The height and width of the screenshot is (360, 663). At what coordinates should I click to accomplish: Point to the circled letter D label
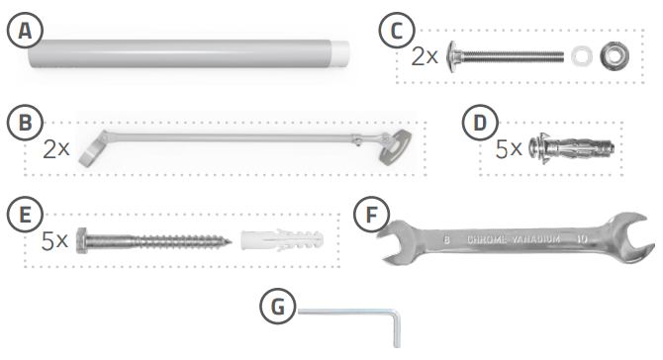[480, 124]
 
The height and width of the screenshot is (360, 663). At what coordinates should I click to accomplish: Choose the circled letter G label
[281, 307]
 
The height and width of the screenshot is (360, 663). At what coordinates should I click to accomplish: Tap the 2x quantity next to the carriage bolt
[425, 55]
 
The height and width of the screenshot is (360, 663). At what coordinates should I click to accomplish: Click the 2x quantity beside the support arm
[56, 149]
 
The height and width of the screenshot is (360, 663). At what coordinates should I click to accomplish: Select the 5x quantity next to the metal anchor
[508, 149]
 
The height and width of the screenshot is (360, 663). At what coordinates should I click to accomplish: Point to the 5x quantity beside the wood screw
[55, 240]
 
